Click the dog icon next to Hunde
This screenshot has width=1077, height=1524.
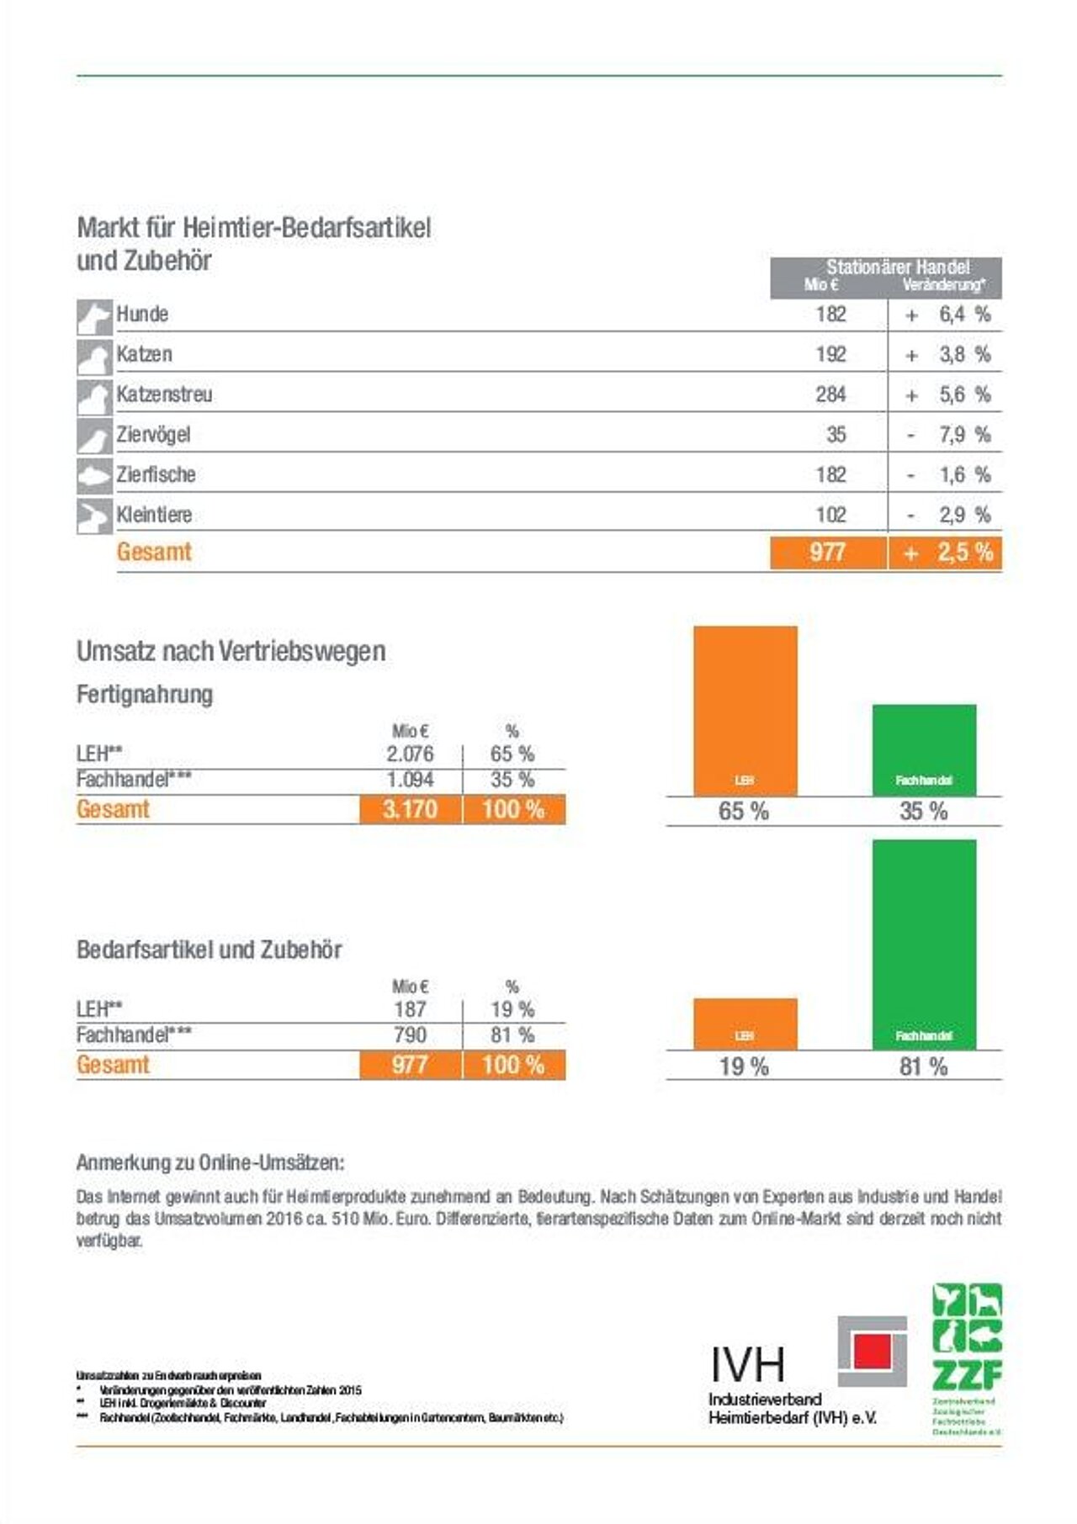tap(94, 316)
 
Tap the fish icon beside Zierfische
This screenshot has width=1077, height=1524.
tap(94, 476)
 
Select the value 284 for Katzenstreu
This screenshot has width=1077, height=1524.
tap(830, 394)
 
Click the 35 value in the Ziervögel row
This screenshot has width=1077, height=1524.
tap(836, 435)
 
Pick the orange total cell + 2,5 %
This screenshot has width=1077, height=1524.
tap(946, 553)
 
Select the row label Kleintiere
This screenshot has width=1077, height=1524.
tap(154, 515)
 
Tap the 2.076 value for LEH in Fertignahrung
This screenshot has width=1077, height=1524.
tap(410, 754)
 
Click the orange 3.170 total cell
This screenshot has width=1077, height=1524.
tap(411, 810)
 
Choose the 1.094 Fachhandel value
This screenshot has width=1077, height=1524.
tap(410, 780)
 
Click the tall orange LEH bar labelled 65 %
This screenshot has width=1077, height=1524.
tap(745, 711)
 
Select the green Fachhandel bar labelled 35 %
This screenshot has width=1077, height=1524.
tap(924, 749)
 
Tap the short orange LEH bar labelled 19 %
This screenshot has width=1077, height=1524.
tap(745, 1024)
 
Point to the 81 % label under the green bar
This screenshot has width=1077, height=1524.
tap(924, 1067)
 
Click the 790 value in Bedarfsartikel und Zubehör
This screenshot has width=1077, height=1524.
tap(410, 1035)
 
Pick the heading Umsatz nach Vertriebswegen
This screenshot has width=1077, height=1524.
tap(231, 651)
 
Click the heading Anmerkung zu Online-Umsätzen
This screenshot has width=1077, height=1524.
tap(210, 1163)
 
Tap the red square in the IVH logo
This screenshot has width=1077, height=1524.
tap(872, 1352)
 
